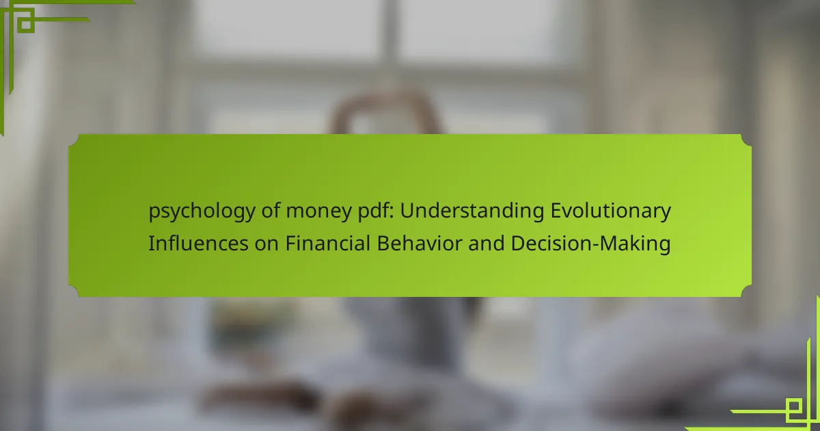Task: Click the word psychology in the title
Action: coord(202,212)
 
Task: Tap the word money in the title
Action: coord(318,212)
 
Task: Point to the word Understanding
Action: coord(472,212)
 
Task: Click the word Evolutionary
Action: coord(611,212)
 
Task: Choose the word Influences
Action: coord(198,243)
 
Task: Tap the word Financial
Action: coord(327,243)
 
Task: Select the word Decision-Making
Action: coord(590,244)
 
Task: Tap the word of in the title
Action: coord(271,211)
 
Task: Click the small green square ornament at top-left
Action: coord(25,24)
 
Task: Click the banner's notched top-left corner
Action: coord(74,140)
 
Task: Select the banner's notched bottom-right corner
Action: coord(746,291)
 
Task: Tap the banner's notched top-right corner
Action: coord(746,140)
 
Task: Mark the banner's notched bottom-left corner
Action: coord(74,291)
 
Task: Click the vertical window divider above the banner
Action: coord(390,33)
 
